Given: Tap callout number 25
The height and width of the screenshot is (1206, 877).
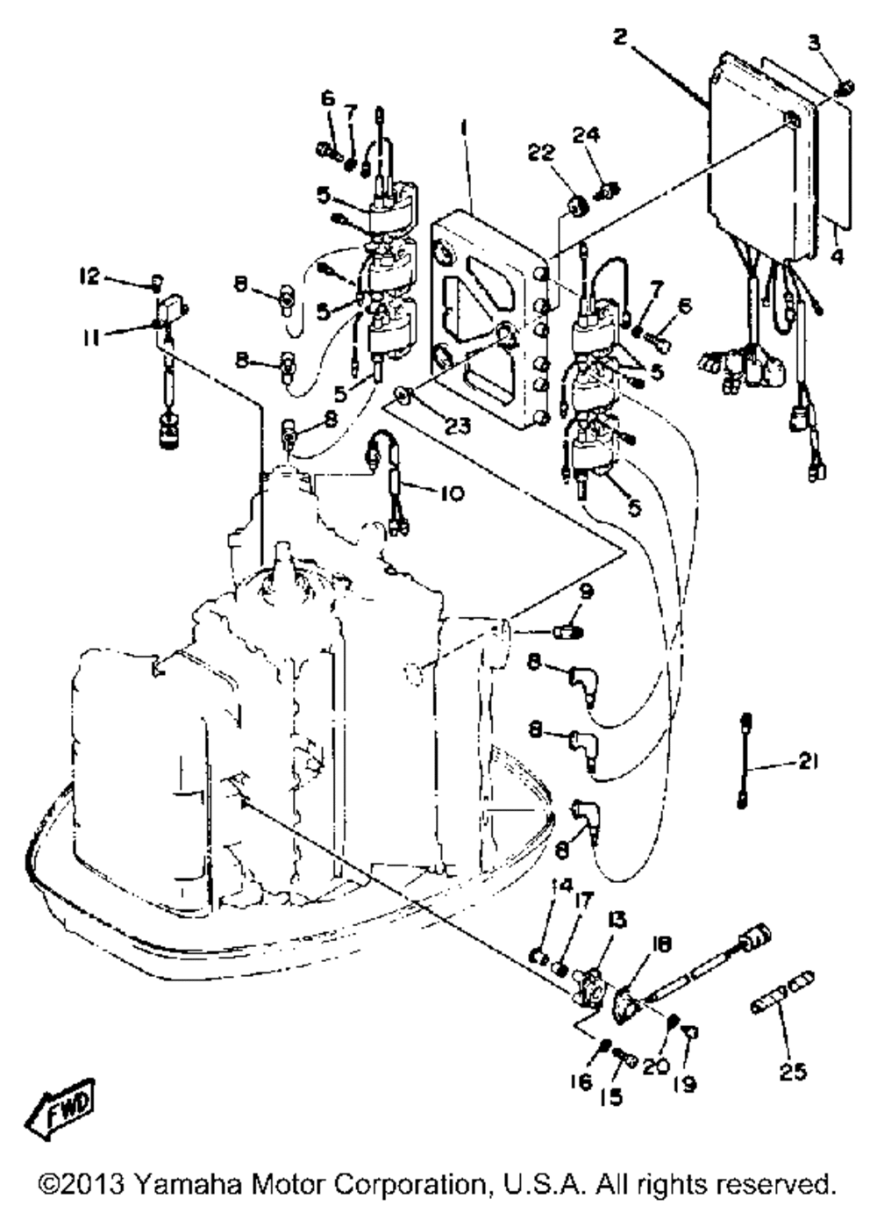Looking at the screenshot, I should click(793, 1072).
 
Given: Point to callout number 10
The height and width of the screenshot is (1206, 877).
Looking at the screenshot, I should click(452, 493).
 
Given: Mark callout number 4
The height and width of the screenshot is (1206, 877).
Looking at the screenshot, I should click(838, 259).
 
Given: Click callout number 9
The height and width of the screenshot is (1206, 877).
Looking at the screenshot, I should click(585, 593).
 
